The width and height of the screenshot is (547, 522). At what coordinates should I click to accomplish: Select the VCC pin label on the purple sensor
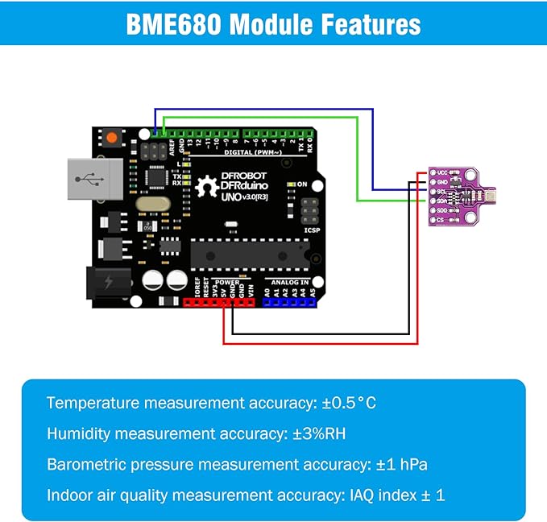(x=443, y=172)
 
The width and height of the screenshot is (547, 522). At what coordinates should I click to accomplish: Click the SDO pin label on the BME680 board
(x=443, y=209)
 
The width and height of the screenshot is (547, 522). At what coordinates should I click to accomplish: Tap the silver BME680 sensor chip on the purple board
(x=492, y=196)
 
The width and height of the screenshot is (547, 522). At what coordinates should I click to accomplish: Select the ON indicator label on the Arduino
(x=302, y=184)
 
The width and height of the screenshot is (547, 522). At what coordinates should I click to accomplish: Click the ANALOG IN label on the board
(x=288, y=283)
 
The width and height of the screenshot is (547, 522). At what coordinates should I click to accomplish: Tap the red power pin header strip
(x=219, y=303)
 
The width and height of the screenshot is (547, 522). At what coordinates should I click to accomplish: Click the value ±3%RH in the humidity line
(x=319, y=433)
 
